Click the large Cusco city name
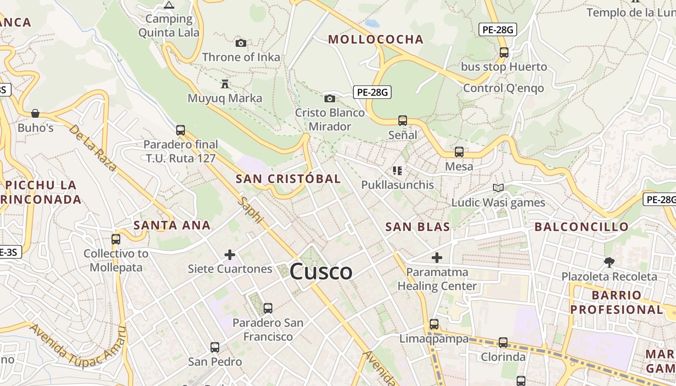[x=321, y=272]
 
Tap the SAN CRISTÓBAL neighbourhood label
[x=288, y=179]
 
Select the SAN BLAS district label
[x=418, y=227]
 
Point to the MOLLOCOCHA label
[x=376, y=40]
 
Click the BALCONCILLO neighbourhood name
[x=581, y=227]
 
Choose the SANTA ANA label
[x=172, y=225]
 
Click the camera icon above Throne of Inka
[x=241, y=43]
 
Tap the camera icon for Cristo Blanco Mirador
[x=330, y=99]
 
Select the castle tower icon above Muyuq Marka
[x=225, y=84]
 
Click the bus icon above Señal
[x=403, y=121]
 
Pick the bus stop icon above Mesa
[x=459, y=152]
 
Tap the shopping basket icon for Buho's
[x=35, y=114]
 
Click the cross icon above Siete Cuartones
[x=230, y=255]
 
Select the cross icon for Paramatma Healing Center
[x=437, y=258]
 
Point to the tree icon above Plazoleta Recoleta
[x=609, y=262]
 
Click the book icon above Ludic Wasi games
[x=498, y=188]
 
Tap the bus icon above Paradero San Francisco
[x=268, y=308]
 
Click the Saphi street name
[x=251, y=210]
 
